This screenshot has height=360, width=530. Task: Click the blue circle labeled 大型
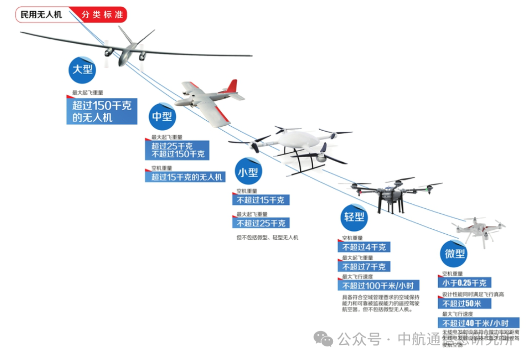81,69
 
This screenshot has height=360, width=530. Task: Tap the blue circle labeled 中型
162,116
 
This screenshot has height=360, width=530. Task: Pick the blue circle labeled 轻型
354,216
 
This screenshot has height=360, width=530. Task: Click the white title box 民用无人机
41,15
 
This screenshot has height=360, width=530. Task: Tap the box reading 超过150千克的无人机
102,111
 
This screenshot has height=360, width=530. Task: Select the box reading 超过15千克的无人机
185,177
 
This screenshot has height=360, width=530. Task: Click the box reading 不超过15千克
261,200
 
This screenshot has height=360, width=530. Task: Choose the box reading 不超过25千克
261,223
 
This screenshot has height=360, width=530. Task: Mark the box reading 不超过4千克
364,247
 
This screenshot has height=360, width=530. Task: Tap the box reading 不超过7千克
364,267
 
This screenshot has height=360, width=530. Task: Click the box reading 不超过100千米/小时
378,286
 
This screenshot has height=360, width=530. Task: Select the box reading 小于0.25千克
464,283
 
